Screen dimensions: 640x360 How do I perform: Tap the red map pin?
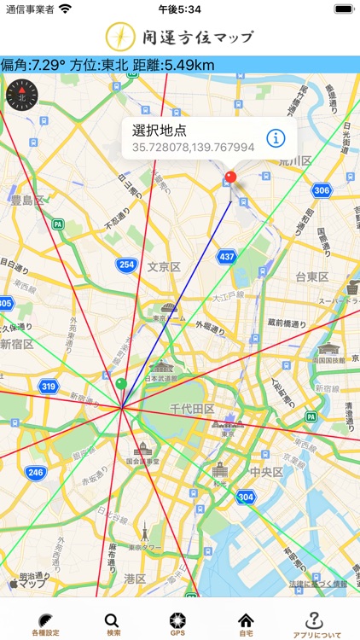228,177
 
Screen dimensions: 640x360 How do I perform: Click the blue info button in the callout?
276,138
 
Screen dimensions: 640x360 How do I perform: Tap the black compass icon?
18,96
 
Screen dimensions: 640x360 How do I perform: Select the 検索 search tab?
112,624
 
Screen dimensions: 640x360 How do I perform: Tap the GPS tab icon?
178,624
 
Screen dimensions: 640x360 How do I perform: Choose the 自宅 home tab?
246,624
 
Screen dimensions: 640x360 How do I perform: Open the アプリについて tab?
316,624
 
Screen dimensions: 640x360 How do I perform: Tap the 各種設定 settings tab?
45,624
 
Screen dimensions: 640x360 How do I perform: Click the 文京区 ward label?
163,266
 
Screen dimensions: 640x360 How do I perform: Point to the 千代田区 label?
191,409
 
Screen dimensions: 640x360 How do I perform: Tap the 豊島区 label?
26,200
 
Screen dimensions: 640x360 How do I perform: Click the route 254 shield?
126,264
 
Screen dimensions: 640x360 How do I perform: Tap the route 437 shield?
226,256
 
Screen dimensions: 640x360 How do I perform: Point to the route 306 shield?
321,189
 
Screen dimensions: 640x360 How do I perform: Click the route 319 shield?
48,387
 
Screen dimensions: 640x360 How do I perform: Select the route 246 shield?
35,472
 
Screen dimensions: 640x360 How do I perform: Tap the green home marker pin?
120,384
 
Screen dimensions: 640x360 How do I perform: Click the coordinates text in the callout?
193,148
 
